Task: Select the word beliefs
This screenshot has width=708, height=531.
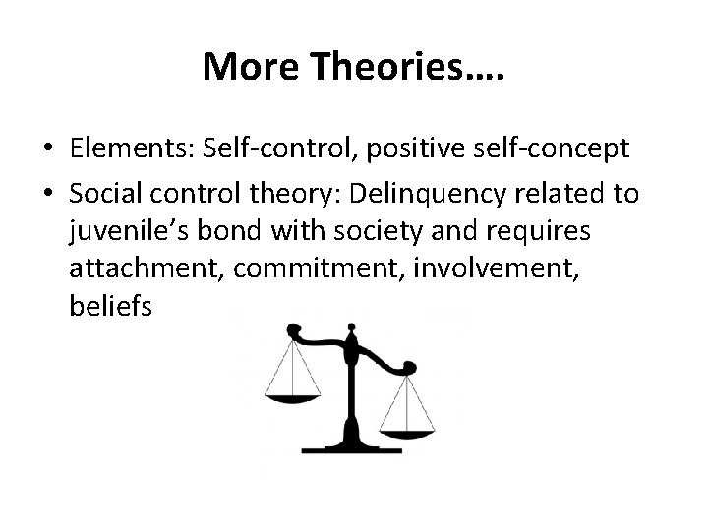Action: pos(111,307)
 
